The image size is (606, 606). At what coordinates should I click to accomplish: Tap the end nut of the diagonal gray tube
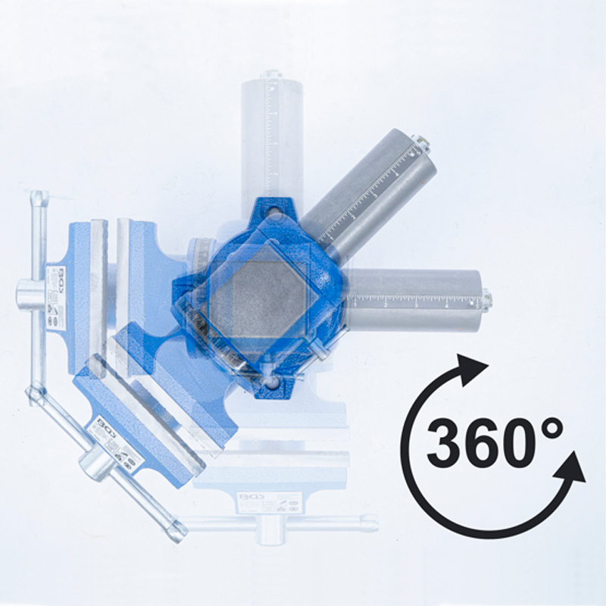[418, 142]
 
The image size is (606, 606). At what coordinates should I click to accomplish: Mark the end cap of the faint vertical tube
[271, 77]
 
